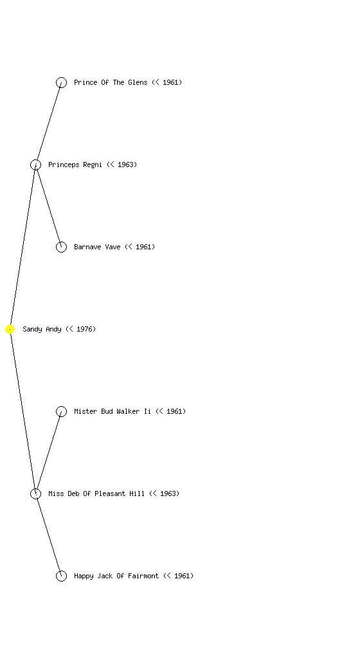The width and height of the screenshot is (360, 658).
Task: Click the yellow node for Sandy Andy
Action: pyautogui.click(x=10, y=330)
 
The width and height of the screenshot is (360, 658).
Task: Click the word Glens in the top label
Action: pyautogui.click(x=138, y=82)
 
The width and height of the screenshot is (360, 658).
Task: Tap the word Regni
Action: pyautogui.click(x=93, y=165)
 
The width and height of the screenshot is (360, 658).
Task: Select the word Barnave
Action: pyautogui.click(x=87, y=247)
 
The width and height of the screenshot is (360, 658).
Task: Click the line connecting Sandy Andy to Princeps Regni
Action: pyautogui.click(x=22, y=247)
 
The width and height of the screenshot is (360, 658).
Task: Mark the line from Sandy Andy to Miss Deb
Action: pyautogui.click(x=22, y=412)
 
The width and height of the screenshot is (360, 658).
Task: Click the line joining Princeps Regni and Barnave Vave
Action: pyautogui.click(x=48, y=206)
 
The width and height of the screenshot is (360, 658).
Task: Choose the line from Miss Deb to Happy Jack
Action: pyautogui.click(x=48, y=535)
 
